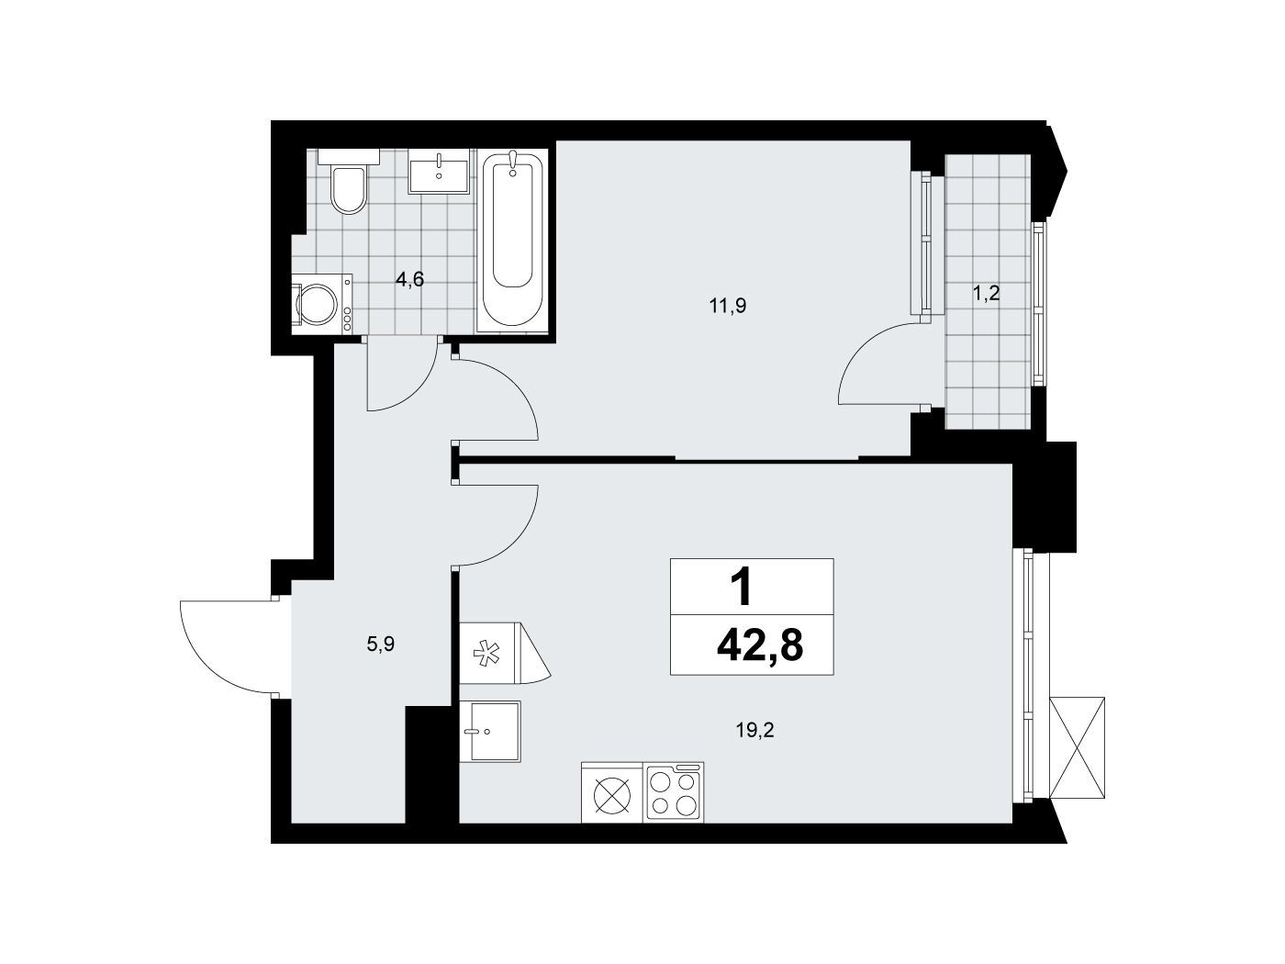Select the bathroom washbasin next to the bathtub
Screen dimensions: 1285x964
439,171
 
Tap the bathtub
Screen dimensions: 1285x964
512,241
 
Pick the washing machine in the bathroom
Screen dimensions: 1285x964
321,305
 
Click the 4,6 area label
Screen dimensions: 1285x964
409,280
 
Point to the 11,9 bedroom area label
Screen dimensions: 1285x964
728,306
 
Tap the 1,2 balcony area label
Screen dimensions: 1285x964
987,294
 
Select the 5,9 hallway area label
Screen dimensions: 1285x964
381,645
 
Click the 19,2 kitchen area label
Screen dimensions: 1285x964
755,730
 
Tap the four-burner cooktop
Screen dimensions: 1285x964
673,792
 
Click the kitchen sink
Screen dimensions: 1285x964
490,732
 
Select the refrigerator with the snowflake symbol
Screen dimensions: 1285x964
505,653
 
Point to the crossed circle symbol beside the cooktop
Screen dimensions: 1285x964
612,795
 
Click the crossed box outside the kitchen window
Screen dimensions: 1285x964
1078,747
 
